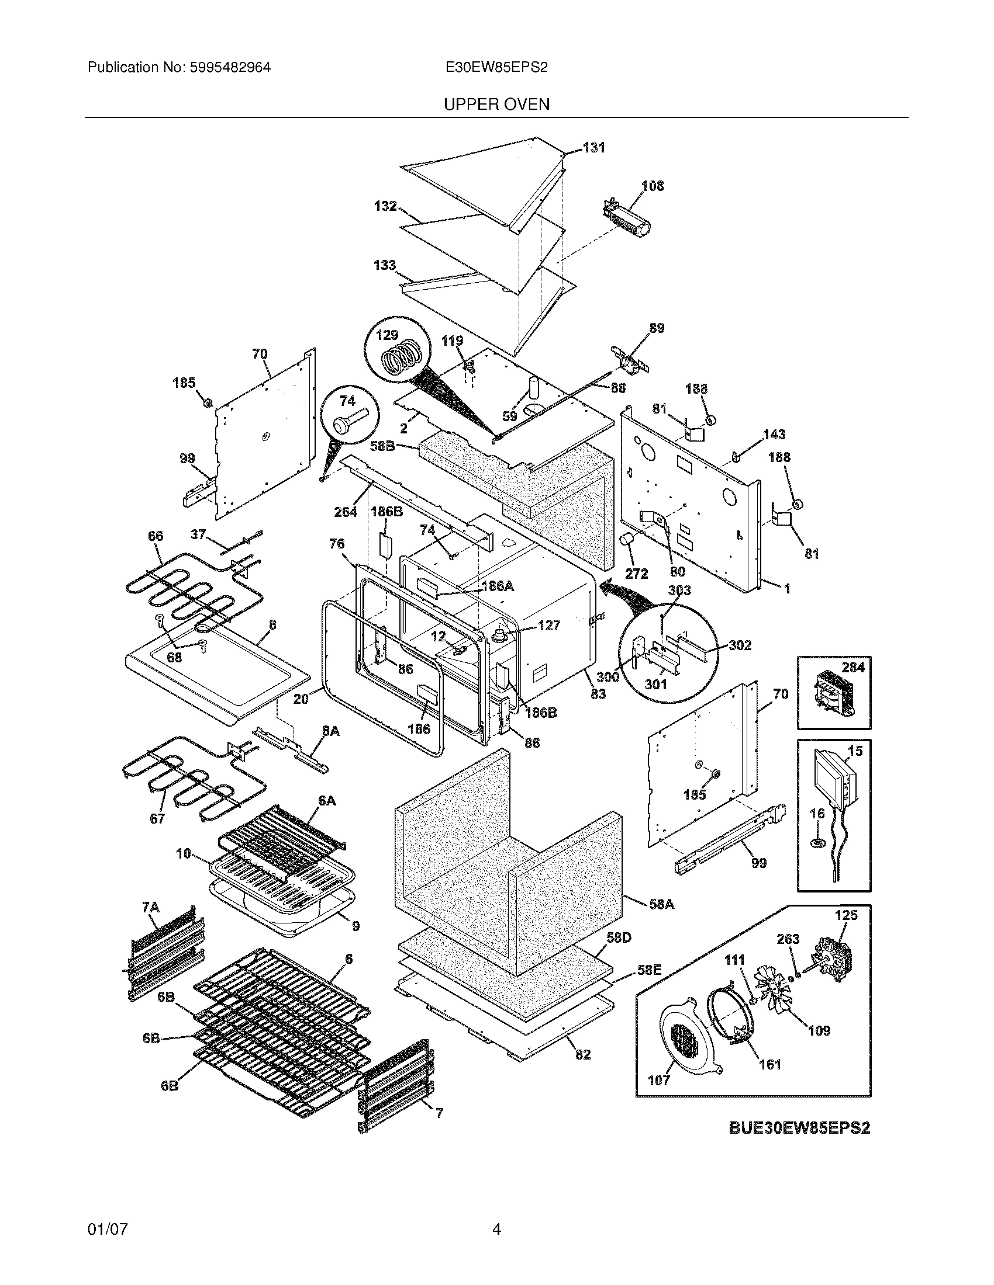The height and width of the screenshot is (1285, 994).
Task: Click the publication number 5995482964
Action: (230, 67)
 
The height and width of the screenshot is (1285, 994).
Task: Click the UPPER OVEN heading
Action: (496, 104)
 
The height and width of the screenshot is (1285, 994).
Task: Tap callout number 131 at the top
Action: (593, 148)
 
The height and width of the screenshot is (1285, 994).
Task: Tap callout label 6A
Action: (326, 801)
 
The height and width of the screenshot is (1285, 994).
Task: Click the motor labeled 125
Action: (832, 963)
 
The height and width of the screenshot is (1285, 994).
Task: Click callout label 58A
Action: (661, 904)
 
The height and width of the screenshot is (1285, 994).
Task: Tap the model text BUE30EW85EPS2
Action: (799, 1127)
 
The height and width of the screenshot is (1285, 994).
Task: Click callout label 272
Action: (637, 573)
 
